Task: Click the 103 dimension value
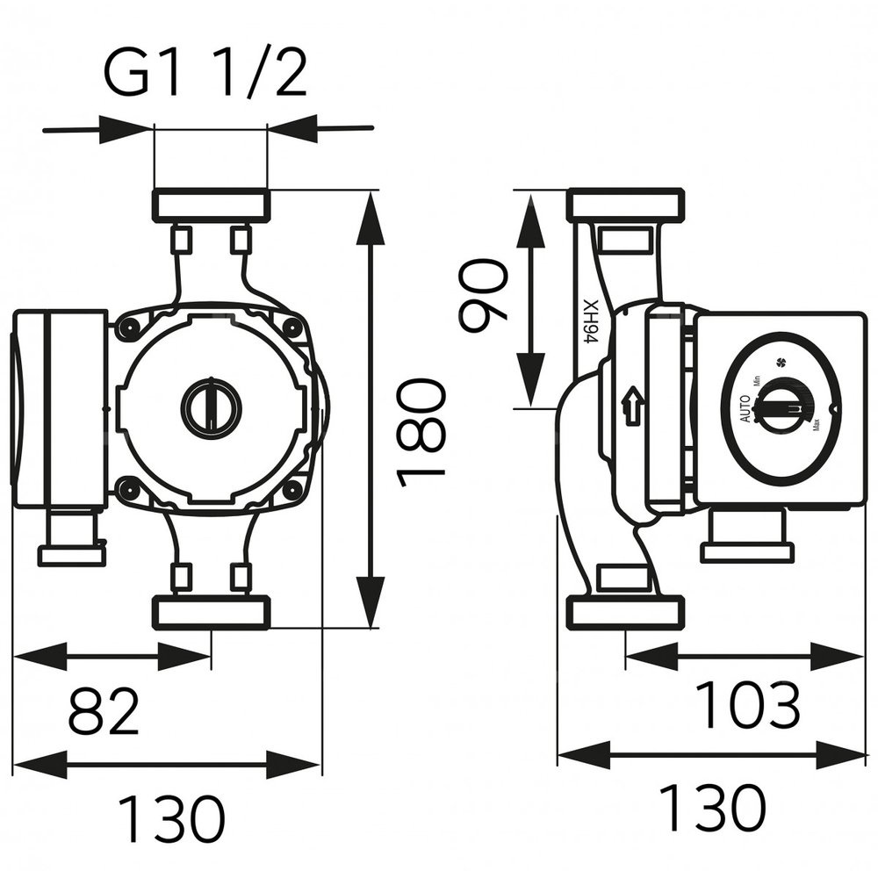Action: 748,703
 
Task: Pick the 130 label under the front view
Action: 171,817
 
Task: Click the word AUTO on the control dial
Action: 745,408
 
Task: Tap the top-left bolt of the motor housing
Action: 130,329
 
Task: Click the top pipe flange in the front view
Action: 211,205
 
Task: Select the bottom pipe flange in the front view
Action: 211,612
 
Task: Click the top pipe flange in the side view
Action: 625,205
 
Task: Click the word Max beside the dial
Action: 817,427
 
